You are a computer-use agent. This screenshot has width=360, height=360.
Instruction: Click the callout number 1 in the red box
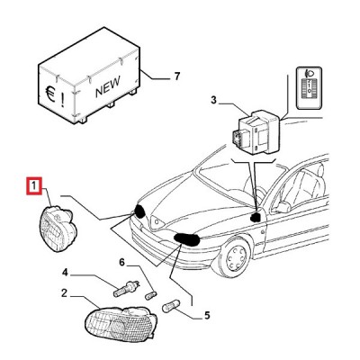pyautogui.click(x=34, y=186)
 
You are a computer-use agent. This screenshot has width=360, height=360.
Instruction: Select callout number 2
pyautogui.click(x=64, y=292)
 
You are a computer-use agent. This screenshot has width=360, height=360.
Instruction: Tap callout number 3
pyautogui.click(x=213, y=100)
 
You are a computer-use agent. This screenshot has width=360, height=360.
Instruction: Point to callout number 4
pyautogui.click(x=65, y=273)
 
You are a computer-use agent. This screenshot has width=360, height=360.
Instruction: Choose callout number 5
pyautogui.click(x=207, y=315)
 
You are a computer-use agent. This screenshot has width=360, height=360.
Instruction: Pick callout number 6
pyautogui.click(x=121, y=262)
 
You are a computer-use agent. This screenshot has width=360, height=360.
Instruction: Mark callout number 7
pyautogui.click(x=177, y=76)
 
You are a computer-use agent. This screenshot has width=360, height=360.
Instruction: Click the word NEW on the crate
pyautogui.click(x=108, y=86)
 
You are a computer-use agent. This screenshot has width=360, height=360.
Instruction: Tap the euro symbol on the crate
pyautogui.click(x=50, y=94)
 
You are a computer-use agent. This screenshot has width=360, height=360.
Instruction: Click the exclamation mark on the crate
pyautogui.click(x=62, y=100)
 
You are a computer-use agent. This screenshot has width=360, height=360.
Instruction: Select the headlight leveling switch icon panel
pyautogui.click(x=309, y=87)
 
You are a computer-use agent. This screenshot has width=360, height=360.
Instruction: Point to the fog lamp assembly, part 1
pyautogui.click(x=58, y=229)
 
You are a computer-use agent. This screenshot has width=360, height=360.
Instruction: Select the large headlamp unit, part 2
pyautogui.click(x=121, y=324)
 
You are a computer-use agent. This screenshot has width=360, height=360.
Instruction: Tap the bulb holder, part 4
pyautogui.click(x=126, y=288)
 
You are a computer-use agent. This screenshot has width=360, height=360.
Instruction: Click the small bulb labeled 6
pyautogui.click(x=150, y=294)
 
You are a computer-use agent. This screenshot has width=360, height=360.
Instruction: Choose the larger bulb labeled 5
pyautogui.click(x=171, y=306)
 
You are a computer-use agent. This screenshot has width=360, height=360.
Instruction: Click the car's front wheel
pyautogui.click(x=235, y=256)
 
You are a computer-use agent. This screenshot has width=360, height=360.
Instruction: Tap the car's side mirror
pyautogui.click(x=284, y=207)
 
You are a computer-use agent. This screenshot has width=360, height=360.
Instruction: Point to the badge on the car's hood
pyautogui.click(x=157, y=222)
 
